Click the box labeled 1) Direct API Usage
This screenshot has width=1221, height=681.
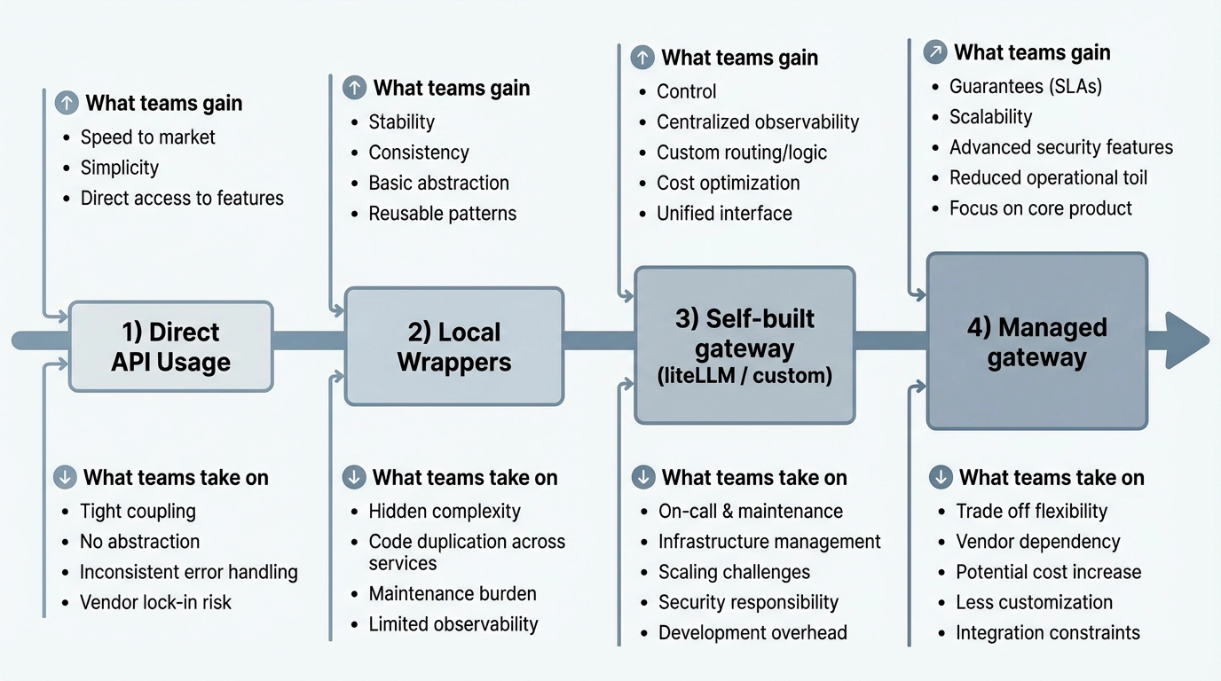coord(170,347)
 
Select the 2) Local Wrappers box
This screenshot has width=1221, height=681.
coord(453,347)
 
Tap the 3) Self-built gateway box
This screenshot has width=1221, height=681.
coord(744,346)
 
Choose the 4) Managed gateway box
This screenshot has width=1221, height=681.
coord(1036,342)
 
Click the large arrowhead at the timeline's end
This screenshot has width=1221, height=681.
coord(1186,340)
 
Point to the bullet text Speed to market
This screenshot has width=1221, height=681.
coord(147,137)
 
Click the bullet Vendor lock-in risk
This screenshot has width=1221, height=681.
coord(155,602)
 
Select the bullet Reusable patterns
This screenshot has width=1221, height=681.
coord(442,214)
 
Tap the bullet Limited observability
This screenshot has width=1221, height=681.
coord(453,623)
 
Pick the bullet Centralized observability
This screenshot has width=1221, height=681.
coord(758,121)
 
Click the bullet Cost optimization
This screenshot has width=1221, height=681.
coord(728,183)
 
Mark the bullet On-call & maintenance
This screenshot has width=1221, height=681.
coord(751,511)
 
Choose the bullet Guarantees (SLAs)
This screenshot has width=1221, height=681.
coord(1026,87)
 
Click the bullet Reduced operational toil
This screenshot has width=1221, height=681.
coord(1048,177)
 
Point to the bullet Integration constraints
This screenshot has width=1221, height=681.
coord(1047,632)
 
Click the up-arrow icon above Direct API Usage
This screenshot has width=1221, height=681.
coord(67,103)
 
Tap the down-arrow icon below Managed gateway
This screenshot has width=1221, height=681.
coord(941,477)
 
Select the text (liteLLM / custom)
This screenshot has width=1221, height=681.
coord(744,376)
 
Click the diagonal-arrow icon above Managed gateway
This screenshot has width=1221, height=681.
coord(934,52)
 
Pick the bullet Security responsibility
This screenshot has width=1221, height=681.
coord(748,602)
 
